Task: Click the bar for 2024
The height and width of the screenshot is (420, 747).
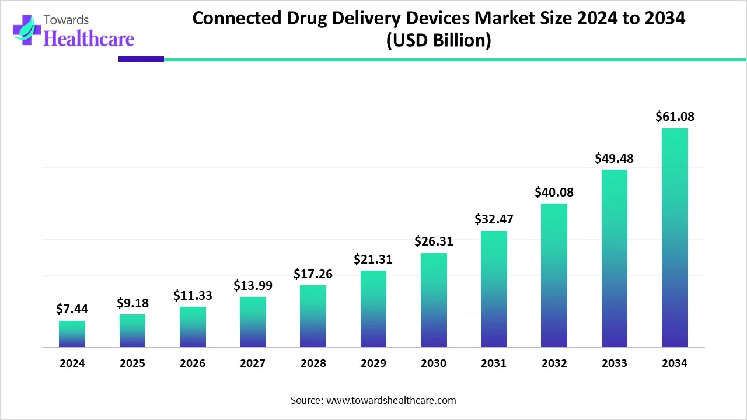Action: point(72,334)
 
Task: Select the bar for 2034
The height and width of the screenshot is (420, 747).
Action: point(675,238)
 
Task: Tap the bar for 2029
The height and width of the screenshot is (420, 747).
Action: point(373,309)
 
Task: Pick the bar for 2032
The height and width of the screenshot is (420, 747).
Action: point(554,275)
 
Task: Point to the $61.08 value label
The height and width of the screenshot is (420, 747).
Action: point(675,117)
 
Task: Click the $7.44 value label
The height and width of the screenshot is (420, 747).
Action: point(72,309)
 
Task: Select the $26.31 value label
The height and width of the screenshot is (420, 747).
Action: point(434,241)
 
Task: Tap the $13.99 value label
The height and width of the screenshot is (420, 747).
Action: point(253,285)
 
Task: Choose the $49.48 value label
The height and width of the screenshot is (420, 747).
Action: point(614,158)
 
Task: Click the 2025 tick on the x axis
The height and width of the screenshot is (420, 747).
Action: point(132,363)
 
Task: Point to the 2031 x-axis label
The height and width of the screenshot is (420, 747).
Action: point(494,363)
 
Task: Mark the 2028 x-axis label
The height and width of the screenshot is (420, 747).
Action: point(313,363)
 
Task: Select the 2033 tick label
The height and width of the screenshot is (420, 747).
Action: point(614,363)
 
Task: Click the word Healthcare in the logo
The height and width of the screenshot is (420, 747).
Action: point(89,38)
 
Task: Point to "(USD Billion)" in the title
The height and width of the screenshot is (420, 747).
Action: point(438,41)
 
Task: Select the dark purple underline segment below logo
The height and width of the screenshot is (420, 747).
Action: point(141,59)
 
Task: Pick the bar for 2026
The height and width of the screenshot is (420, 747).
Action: point(193,327)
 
